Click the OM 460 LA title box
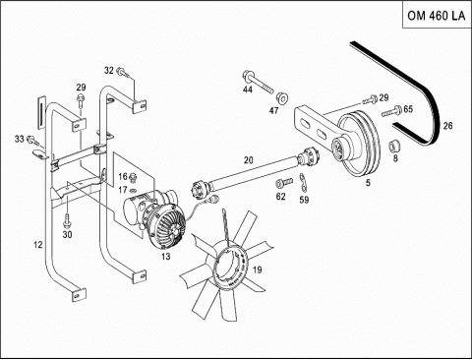click(437, 15)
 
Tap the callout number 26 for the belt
click(447, 126)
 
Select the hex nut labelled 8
click(393, 147)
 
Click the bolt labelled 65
click(391, 111)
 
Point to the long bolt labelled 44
click(258, 82)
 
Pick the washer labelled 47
click(281, 97)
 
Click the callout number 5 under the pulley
click(368, 182)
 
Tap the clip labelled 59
click(304, 184)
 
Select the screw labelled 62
click(284, 183)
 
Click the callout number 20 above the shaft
click(249, 160)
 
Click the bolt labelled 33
click(33, 141)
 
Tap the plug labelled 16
click(133, 178)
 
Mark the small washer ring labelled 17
click(134, 191)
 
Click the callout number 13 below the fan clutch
click(166, 256)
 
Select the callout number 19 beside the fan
click(258, 270)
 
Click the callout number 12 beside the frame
click(38, 244)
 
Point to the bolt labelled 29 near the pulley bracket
click(370, 99)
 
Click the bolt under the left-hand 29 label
click(80, 101)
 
